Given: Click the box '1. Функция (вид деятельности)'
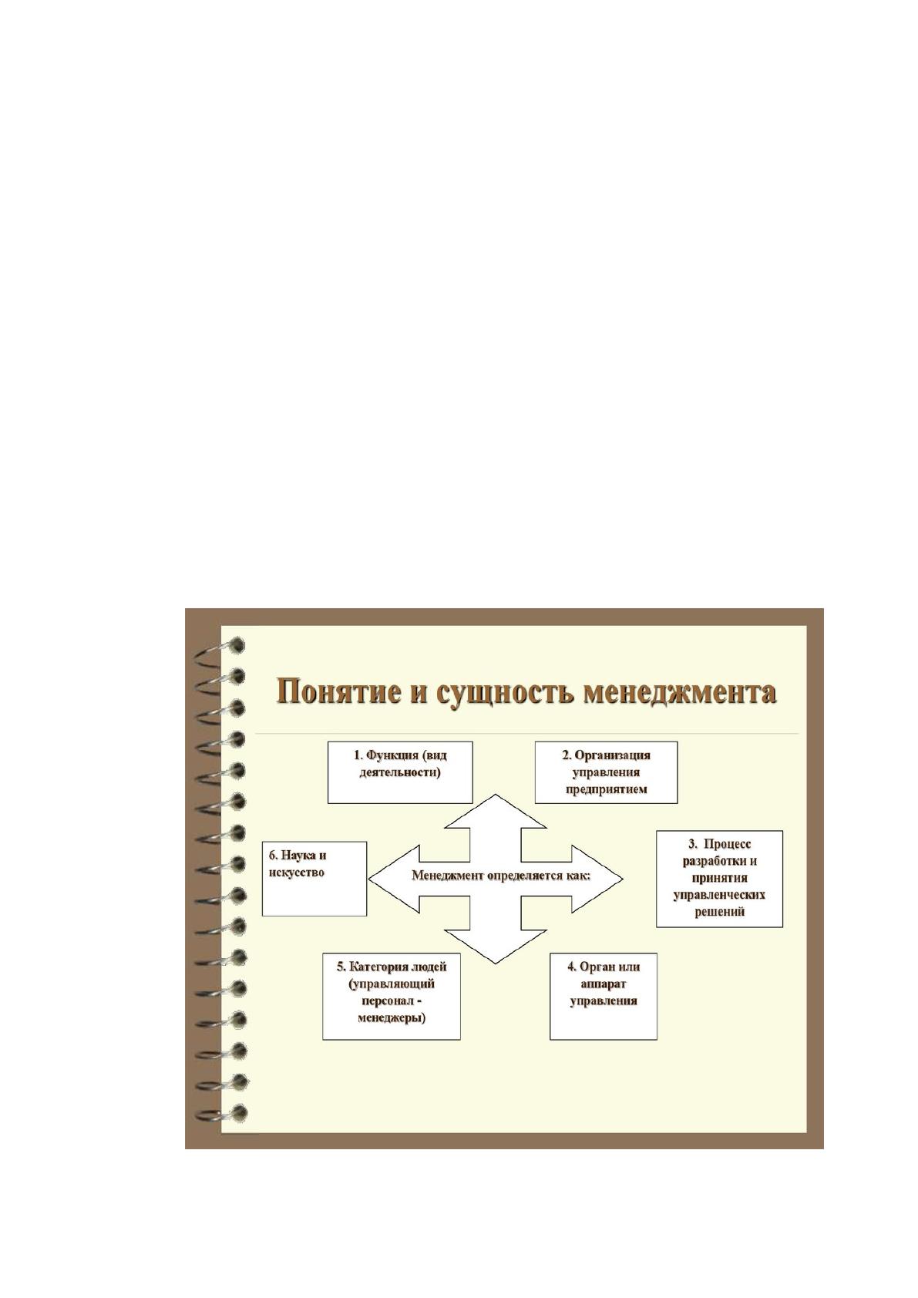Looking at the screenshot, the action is [x=400, y=772].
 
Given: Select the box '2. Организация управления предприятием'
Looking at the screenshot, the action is [x=606, y=772].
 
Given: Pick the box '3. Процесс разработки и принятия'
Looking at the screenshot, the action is [x=719, y=879].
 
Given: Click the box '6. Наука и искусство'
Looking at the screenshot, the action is [x=314, y=879].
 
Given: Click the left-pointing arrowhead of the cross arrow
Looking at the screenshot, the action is [x=394, y=879].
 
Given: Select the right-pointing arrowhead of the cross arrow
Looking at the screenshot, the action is [x=597, y=879].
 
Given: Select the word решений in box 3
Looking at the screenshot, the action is [x=720, y=912].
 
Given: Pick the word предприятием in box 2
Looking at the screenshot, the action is [x=606, y=789].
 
